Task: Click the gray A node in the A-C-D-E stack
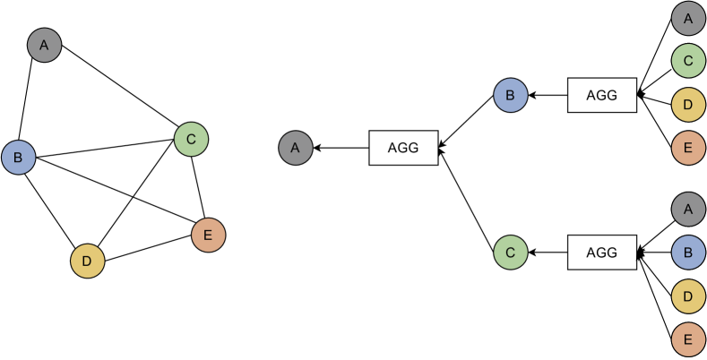click(x=688, y=18)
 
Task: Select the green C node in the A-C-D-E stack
click(x=688, y=61)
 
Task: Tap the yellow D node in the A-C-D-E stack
click(x=688, y=104)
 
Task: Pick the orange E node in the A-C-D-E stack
click(x=688, y=148)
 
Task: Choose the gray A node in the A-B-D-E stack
click(x=688, y=209)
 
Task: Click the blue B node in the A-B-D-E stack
click(x=688, y=253)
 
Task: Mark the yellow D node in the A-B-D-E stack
click(x=688, y=296)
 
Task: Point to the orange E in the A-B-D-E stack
click(x=688, y=339)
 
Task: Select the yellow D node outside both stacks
click(x=88, y=261)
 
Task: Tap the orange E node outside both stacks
click(x=208, y=236)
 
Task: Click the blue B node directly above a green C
click(x=510, y=95)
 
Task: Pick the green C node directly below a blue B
click(x=510, y=253)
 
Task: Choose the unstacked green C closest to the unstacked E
click(x=191, y=140)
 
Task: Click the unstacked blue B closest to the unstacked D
click(x=18, y=158)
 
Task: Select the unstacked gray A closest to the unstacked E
click(x=295, y=148)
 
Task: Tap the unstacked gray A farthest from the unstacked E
click(x=44, y=45)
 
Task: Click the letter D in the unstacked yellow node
click(x=88, y=261)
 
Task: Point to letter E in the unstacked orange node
click(x=208, y=236)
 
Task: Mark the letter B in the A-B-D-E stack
click(x=688, y=253)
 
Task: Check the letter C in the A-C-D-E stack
click(x=688, y=61)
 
